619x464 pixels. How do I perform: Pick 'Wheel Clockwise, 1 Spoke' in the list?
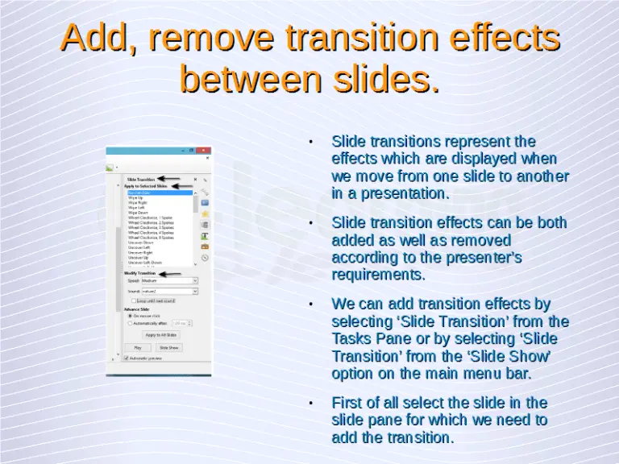point(150,217)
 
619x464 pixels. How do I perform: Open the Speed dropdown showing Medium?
point(168,281)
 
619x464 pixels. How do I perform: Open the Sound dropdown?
point(168,291)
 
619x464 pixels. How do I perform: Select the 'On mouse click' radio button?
point(130,316)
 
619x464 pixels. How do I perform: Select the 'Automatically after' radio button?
point(130,323)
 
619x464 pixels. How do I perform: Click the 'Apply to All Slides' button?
point(160,334)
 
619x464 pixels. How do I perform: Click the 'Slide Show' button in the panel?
point(168,347)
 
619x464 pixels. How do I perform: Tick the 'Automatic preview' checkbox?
point(127,358)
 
